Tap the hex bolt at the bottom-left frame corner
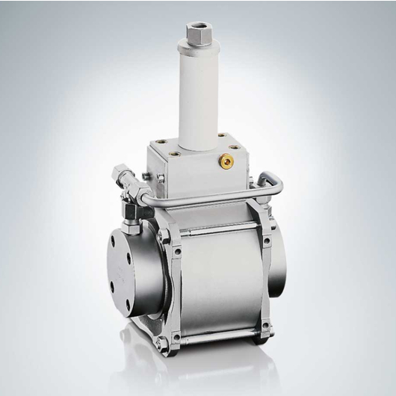click(x=161, y=342)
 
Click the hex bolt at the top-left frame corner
click(x=160, y=238)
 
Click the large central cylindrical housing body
click(x=217, y=280)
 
